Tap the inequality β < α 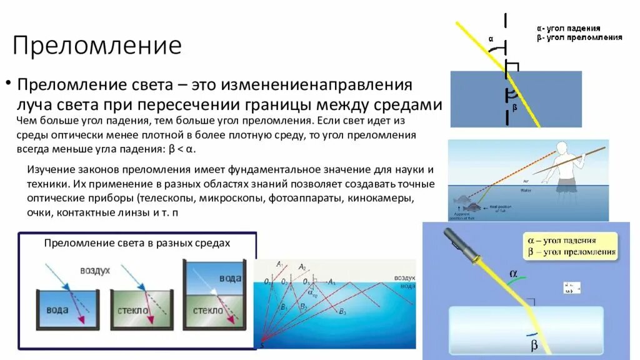tap(182, 150)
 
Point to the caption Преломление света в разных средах tap(137, 242)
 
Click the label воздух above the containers tap(94, 271)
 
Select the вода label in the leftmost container tap(58, 310)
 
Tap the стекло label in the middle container tap(131, 310)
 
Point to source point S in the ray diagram tap(262, 344)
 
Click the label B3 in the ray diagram tap(341, 311)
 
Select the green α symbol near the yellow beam tap(514, 274)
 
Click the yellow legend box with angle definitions tap(570, 246)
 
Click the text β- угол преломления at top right tap(579, 37)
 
